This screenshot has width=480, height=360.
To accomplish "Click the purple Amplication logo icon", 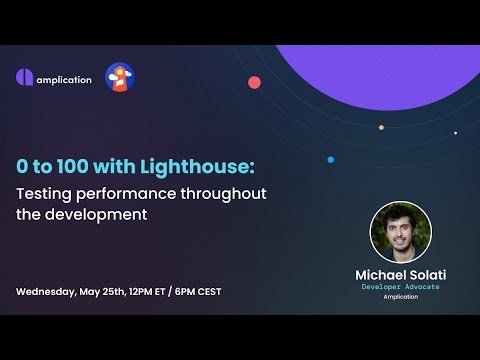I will point(25,78).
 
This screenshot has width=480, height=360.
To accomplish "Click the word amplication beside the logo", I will point(64,79).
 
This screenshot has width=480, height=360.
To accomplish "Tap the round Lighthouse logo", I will point(120,77).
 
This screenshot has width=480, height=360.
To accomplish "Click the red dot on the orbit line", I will point(254,82).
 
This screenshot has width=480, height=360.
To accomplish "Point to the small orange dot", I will point(381,127).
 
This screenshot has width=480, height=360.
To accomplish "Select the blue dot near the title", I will point(330,159).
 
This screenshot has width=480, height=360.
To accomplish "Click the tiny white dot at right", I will point(455,132).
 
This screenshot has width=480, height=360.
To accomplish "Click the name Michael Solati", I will point(401,273).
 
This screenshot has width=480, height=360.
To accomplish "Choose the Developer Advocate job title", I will point(401,287).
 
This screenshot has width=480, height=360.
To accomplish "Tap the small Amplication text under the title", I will point(401,297).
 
